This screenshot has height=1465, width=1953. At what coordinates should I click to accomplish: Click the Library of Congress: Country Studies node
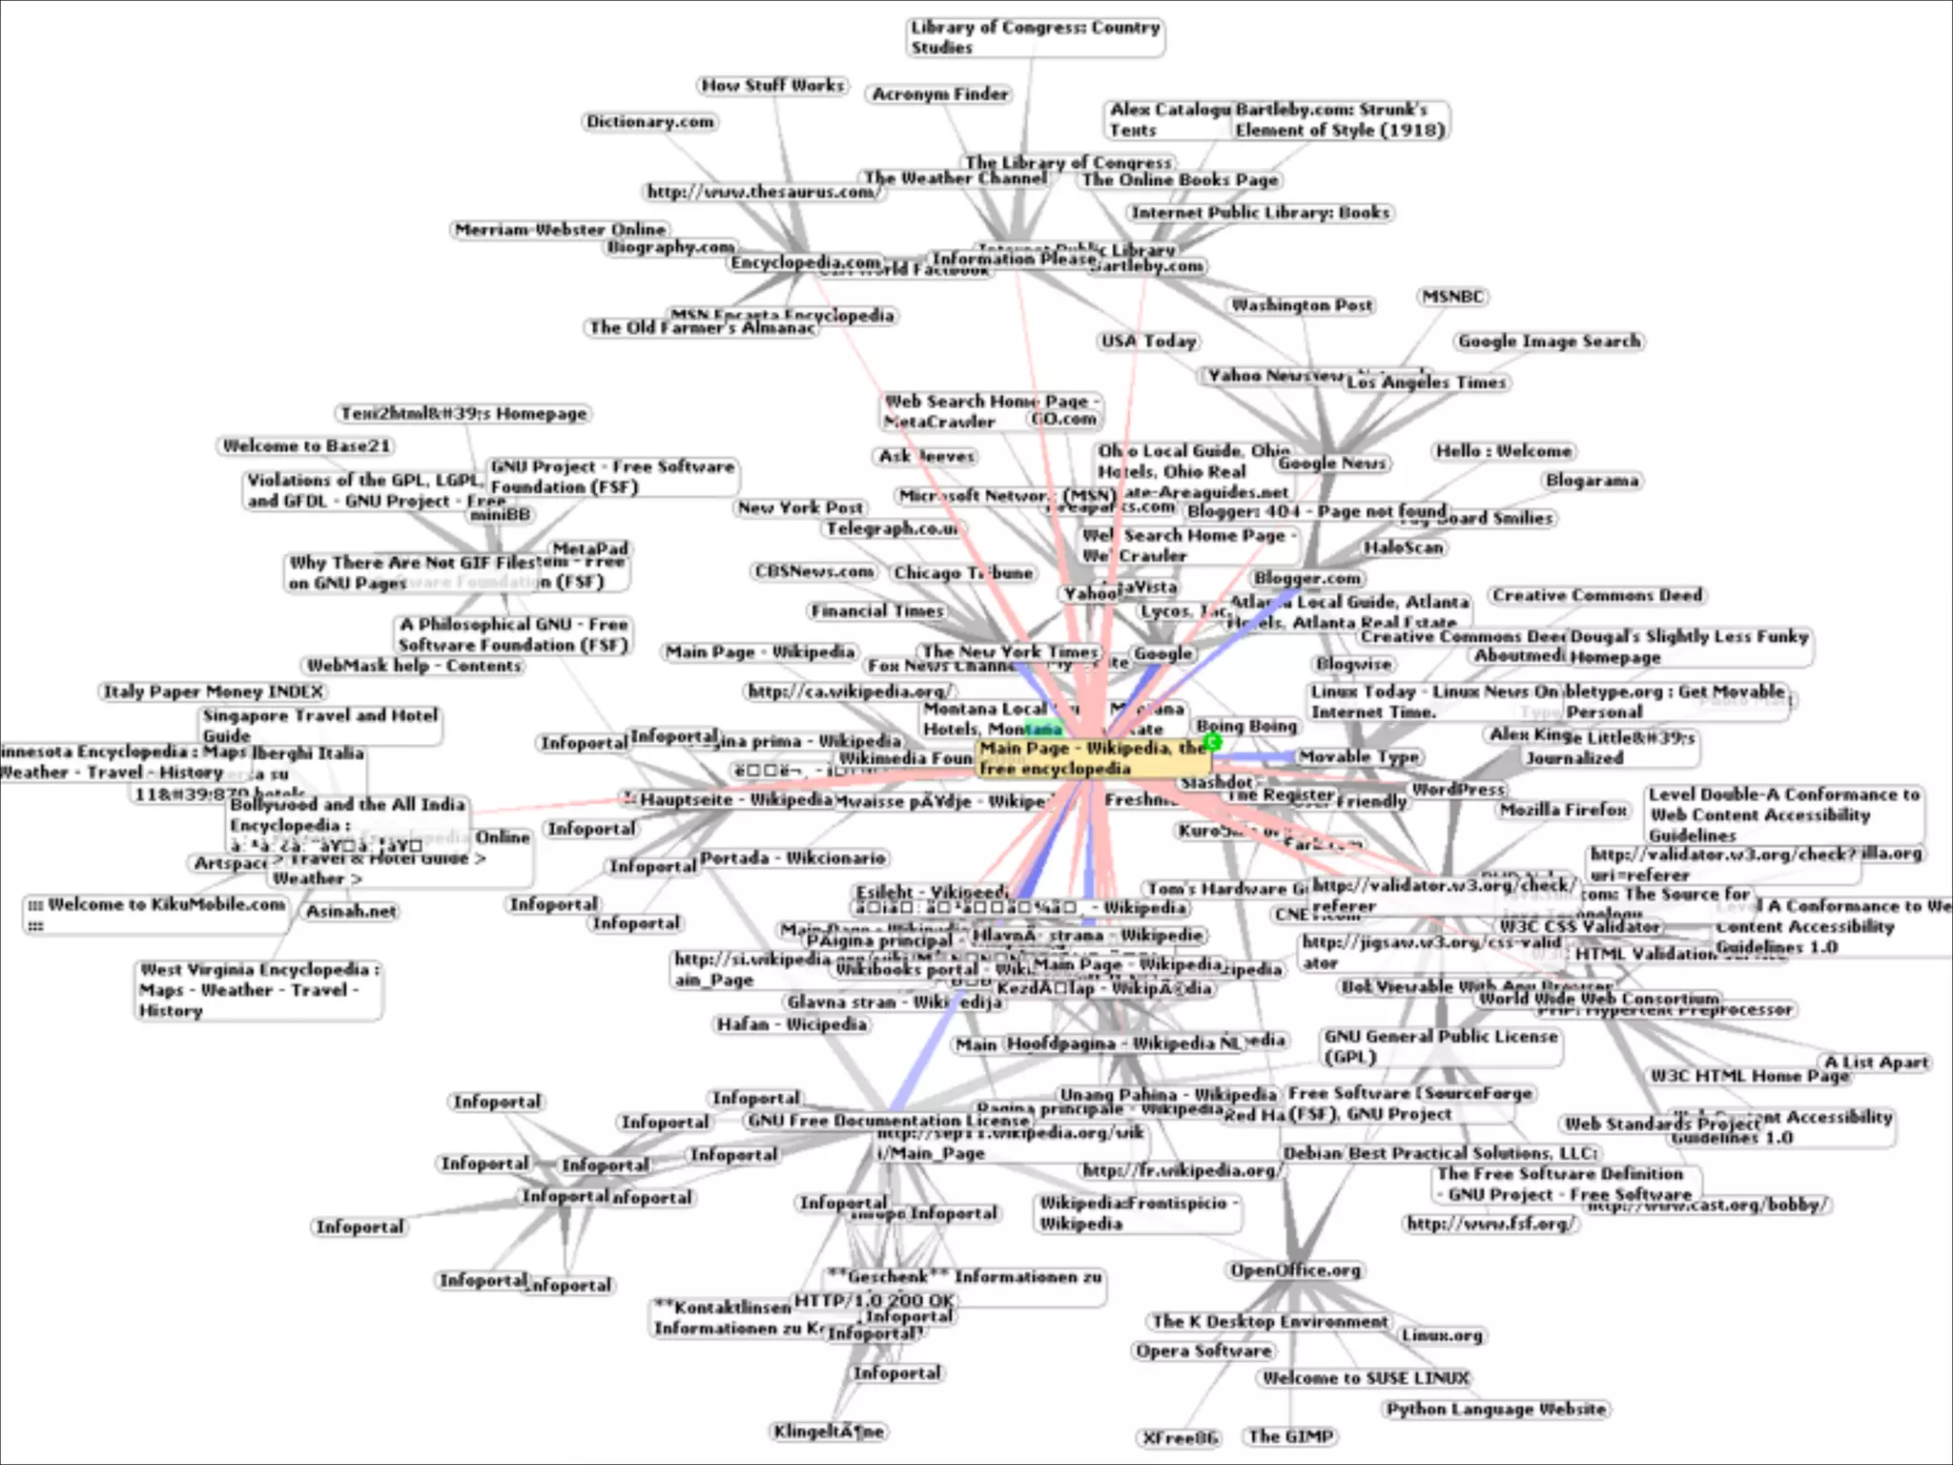[1035, 37]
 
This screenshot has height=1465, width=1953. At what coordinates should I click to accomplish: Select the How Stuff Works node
[773, 86]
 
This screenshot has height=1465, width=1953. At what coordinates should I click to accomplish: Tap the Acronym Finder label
[940, 94]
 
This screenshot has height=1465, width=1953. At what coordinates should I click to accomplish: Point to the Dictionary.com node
[650, 122]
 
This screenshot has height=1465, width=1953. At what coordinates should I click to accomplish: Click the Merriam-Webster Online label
[561, 230]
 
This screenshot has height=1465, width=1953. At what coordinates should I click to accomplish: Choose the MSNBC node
[1453, 298]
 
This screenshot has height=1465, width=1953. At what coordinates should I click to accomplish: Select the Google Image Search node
[1550, 341]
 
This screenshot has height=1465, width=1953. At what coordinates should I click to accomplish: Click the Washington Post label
[1302, 305]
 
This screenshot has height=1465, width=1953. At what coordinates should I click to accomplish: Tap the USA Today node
[1148, 341]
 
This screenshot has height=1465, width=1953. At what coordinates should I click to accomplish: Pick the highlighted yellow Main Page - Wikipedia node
[1092, 758]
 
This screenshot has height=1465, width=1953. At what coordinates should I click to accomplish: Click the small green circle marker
[1213, 741]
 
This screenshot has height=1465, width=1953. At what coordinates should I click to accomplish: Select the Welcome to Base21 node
[307, 446]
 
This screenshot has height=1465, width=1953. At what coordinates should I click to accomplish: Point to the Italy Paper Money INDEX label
[214, 691]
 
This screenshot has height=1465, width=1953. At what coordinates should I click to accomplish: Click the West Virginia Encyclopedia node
[258, 990]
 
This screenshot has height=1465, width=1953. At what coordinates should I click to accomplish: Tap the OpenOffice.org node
[1295, 1270]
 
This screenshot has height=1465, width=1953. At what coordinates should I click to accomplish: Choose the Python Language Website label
[1495, 1410]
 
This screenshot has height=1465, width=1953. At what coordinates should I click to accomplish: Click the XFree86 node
[1181, 1438]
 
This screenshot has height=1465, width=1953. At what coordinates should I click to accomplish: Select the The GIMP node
[1290, 1436]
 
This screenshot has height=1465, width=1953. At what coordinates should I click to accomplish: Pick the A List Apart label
[1876, 1063]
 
